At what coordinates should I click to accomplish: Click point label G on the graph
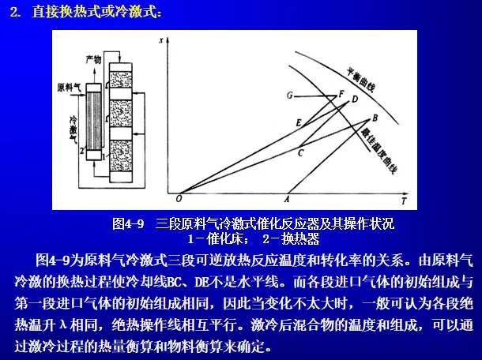[289, 96]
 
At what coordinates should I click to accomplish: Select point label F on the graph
[341, 93]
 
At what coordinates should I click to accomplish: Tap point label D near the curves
[355, 99]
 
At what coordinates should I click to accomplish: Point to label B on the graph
[375, 118]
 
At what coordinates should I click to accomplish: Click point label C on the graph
[300, 152]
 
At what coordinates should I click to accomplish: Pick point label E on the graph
[298, 123]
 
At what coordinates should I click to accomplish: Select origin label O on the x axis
[179, 199]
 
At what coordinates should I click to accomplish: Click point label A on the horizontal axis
[287, 200]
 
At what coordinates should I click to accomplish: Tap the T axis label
[404, 201]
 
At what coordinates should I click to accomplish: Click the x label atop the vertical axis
[161, 40]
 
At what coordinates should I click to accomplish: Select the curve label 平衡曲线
[361, 80]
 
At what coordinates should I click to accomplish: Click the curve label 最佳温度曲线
[379, 151]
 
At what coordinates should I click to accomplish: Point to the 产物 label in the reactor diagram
[93, 59]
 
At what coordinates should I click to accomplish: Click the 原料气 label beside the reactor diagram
[69, 88]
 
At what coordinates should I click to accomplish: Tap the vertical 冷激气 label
[73, 129]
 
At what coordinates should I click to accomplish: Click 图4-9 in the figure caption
[128, 223]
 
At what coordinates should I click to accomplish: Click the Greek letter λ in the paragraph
[63, 324]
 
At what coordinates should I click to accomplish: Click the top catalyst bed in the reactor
[121, 80]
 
